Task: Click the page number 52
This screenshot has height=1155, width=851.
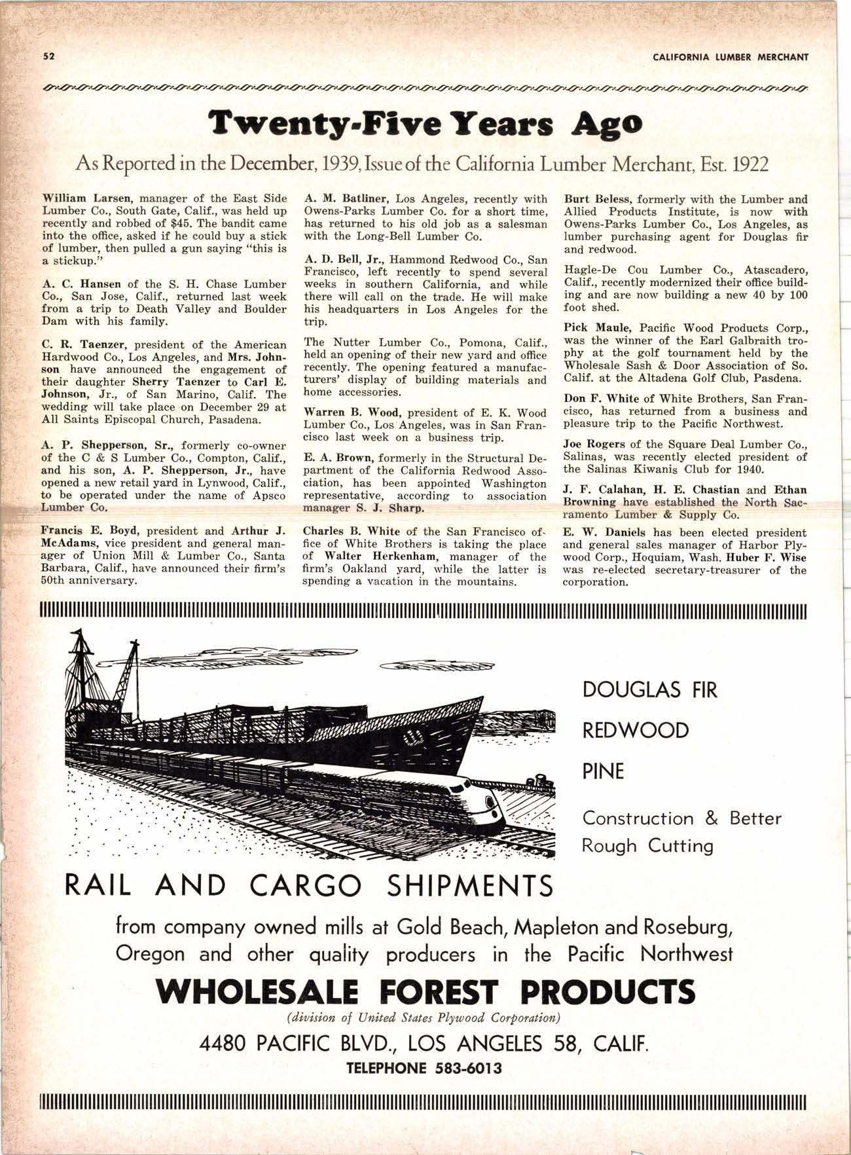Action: [x=48, y=56]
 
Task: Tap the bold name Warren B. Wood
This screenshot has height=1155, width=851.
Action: [x=346, y=412]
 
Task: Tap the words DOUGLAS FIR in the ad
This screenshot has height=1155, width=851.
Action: [x=649, y=689]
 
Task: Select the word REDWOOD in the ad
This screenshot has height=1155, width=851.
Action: [x=635, y=730]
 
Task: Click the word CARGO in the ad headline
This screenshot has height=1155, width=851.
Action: [x=306, y=887]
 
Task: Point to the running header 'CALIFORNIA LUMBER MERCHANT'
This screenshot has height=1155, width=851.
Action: [x=731, y=57]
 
